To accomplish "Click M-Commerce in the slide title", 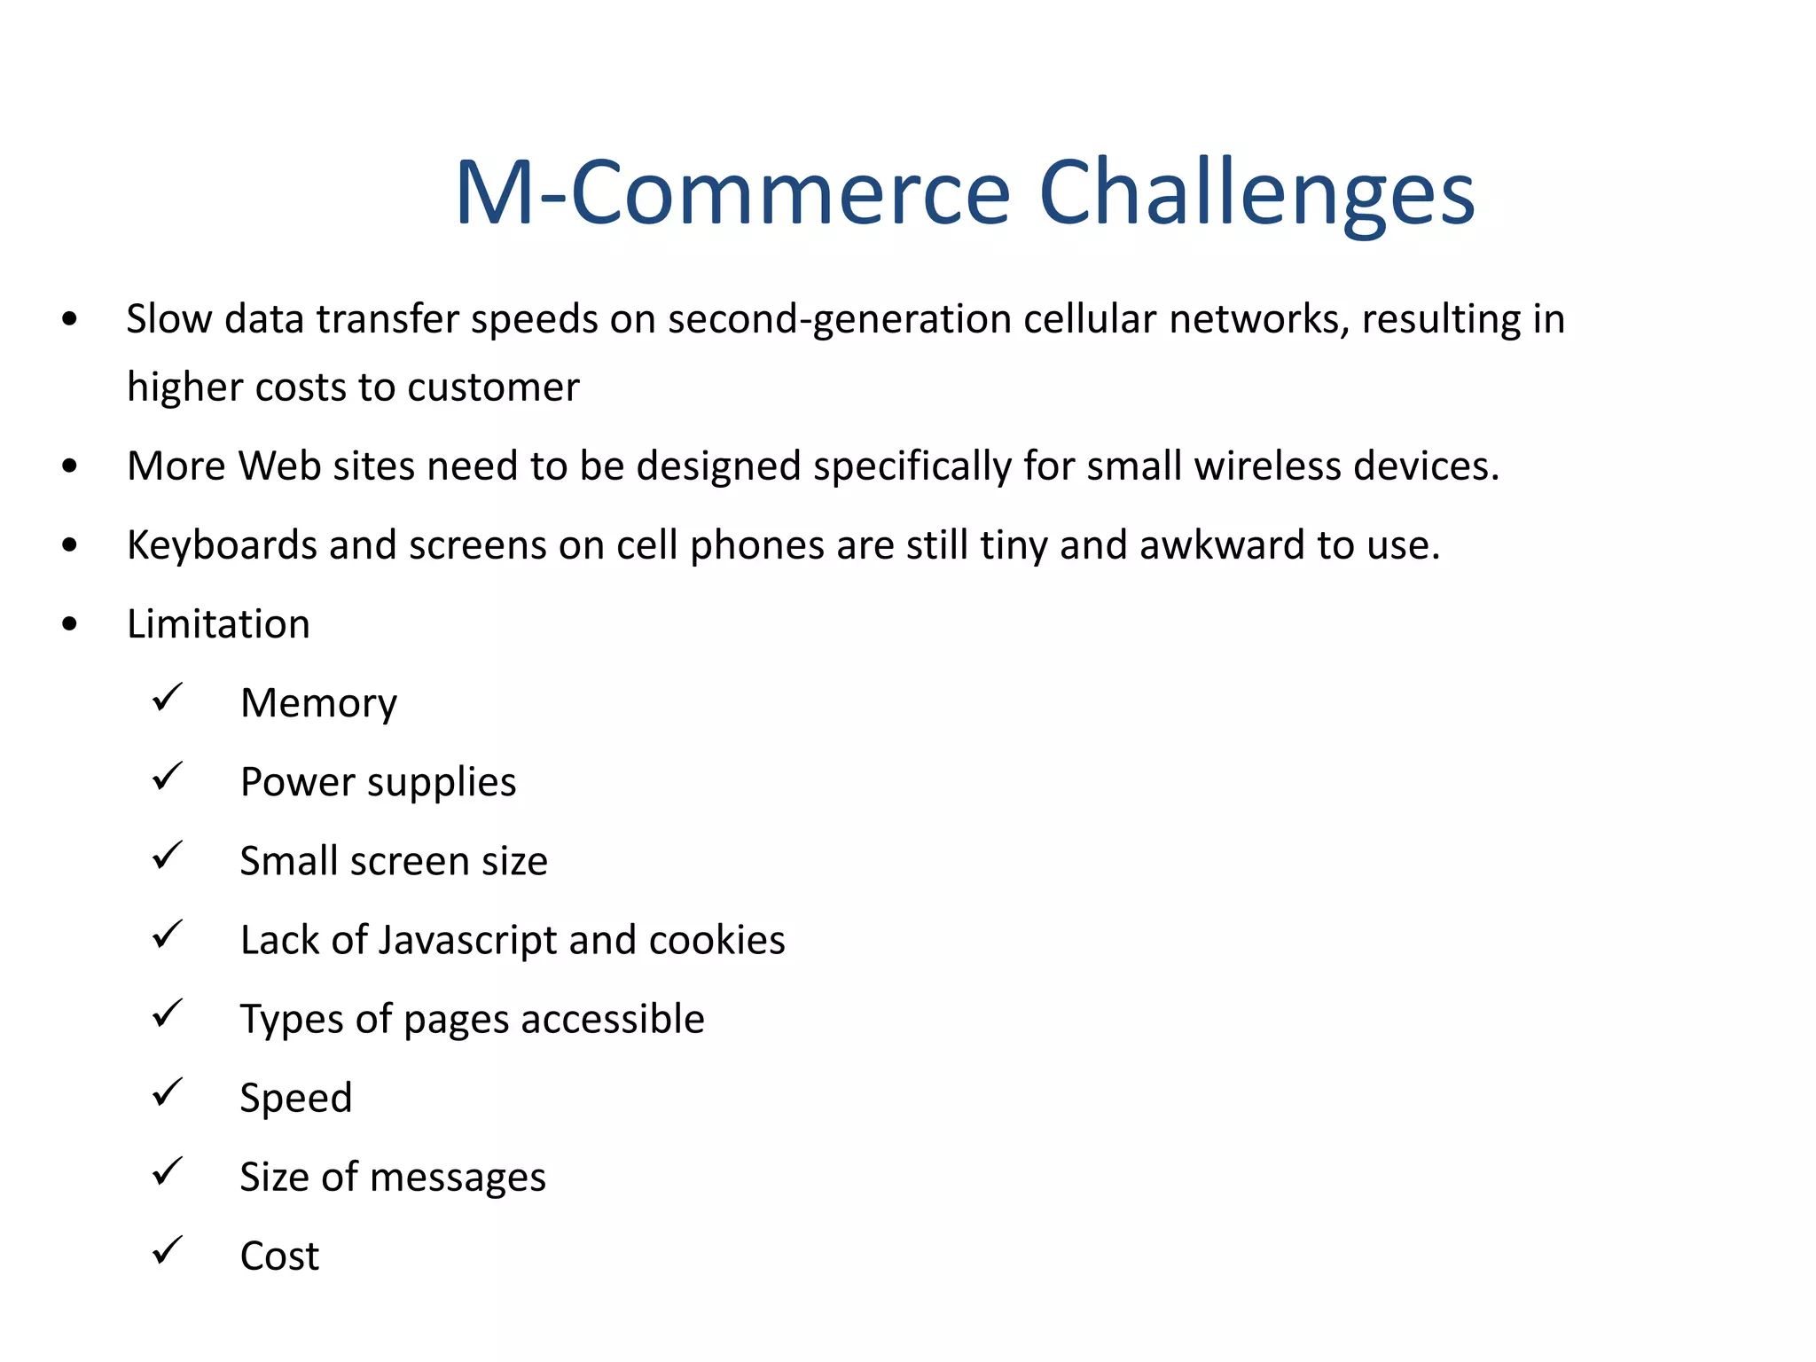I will pos(732,193).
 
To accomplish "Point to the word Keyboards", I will pos(222,545).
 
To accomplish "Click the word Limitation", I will pos(218,624).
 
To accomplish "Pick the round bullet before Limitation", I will pos(70,624).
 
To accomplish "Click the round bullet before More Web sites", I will pos(70,466).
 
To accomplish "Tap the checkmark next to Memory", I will pos(167,698).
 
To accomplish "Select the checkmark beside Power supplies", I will pos(167,777).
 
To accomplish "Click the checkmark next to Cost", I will pos(167,1250).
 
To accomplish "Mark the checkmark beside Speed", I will pos(167,1092).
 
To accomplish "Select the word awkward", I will pos(1222,545).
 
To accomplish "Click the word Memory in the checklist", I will pos(318,704).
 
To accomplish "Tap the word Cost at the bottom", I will pos(279,1256).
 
